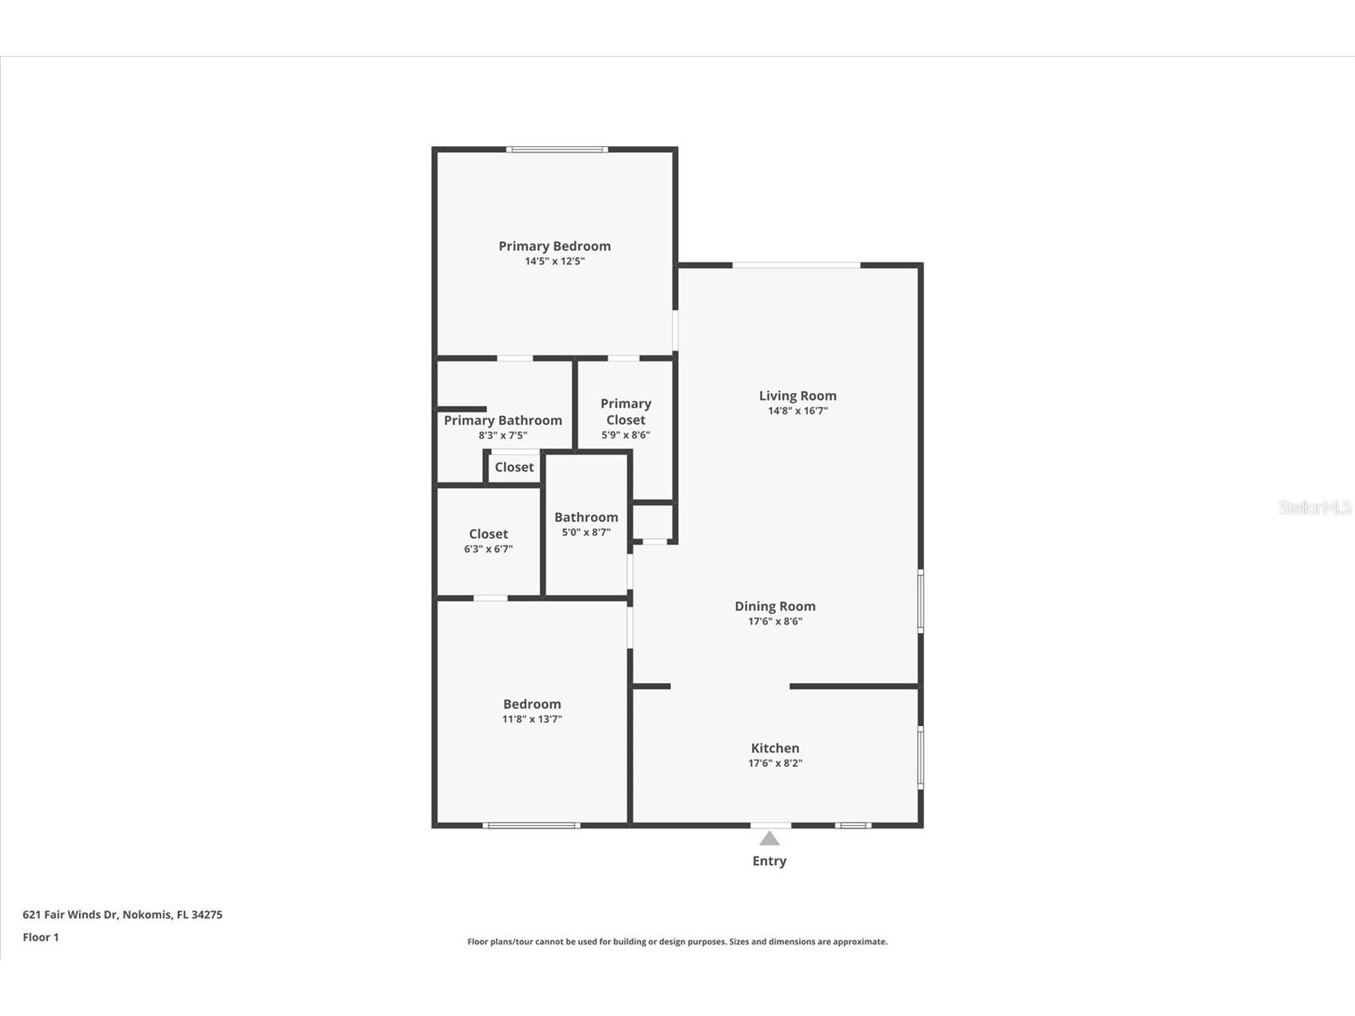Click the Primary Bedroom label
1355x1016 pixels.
[x=554, y=246]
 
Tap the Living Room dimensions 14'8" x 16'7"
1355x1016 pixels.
[x=797, y=411]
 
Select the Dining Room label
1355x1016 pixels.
[x=775, y=606]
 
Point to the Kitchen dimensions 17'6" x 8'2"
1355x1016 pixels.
[x=775, y=764]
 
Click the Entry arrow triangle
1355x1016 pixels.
[x=769, y=838]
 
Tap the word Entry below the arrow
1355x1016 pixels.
[x=769, y=861]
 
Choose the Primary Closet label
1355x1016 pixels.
[x=625, y=411]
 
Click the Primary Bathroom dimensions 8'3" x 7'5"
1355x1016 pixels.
[x=502, y=436]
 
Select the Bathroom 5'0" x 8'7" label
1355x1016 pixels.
[x=586, y=518]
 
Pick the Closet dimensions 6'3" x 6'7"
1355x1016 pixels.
[x=488, y=550]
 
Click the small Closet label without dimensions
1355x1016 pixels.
[x=513, y=467]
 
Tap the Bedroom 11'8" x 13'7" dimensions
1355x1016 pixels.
[x=532, y=720]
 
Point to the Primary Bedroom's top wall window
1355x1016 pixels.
[x=557, y=149]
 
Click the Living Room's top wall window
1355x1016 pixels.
[x=796, y=265]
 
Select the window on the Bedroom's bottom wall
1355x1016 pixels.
[x=531, y=825]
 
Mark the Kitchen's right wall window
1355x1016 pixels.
[x=920, y=757]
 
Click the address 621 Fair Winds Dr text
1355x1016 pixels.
[x=122, y=915]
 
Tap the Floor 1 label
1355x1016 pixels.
[x=41, y=937]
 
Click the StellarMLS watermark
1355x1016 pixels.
[x=1314, y=508]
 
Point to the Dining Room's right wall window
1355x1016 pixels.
[x=920, y=601]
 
